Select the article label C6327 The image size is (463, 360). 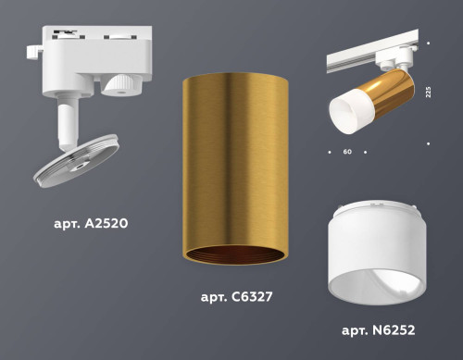pyautogui.click(x=235, y=298)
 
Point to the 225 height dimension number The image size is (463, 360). pyautogui.click(x=427, y=95)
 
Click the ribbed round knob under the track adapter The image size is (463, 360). pyautogui.click(x=118, y=85)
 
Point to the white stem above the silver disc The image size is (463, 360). pyautogui.click(x=68, y=125)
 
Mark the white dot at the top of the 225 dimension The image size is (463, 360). pyautogui.click(x=431, y=43)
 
